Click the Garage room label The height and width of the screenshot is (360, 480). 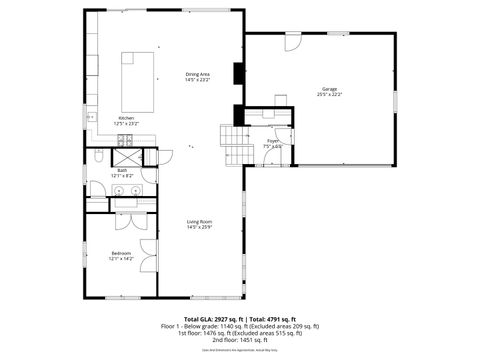[329, 89]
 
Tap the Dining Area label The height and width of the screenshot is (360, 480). [197, 74]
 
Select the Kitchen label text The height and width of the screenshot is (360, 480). [127, 117]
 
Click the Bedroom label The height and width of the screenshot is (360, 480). [122, 253]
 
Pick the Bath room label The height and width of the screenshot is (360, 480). [122, 170]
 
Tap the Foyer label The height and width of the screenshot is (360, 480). [272, 141]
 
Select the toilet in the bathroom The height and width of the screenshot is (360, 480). [99, 157]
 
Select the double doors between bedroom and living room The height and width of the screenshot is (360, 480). [149, 255]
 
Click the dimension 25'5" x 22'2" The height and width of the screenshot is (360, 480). [329, 95]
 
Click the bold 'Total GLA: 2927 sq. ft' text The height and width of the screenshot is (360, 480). [207, 317]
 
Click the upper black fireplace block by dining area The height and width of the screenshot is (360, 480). [237, 74]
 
